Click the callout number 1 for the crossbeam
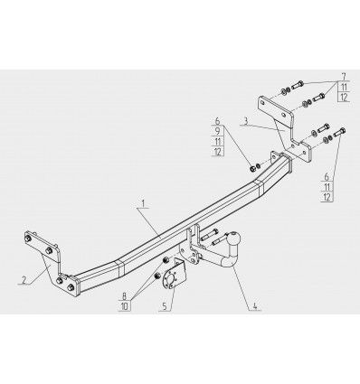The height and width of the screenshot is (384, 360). pyautogui.click(x=144, y=204)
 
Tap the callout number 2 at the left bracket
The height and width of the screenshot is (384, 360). pyautogui.click(x=24, y=279)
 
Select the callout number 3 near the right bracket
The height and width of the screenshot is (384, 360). pyautogui.click(x=246, y=122)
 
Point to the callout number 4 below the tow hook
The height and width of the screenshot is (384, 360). pyautogui.click(x=255, y=306)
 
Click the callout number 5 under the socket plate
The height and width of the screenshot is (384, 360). pyautogui.click(x=165, y=306)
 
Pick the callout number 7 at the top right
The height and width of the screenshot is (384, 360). pyautogui.click(x=344, y=77)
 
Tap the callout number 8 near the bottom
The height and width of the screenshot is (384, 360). pyautogui.click(x=125, y=296)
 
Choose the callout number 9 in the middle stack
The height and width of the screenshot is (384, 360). pyautogui.click(x=218, y=131)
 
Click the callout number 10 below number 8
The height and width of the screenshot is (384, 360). pyautogui.click(x=125, y=306)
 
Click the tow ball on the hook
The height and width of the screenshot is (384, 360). pyautogui.click(x=235, y=239)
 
